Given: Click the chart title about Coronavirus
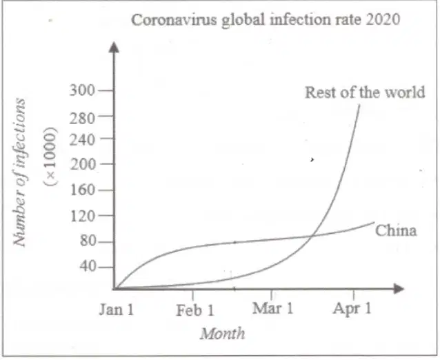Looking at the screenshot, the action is [x=266, y=20].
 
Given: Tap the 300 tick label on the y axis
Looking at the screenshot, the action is [x=83, y=90].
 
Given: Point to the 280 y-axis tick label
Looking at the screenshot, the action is [x=83, y=119].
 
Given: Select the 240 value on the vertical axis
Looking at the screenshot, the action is [x=83, y=140].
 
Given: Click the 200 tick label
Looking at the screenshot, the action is [x=83, y=164].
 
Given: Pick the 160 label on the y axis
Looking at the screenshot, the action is [x=83, y=190].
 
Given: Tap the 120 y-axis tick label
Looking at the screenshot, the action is [x=83, y=217].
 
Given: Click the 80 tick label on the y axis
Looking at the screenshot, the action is [x=88, y=241].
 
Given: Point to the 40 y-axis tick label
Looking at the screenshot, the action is [x=88, y=266].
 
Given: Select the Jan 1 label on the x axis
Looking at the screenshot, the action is [x=117, y=310].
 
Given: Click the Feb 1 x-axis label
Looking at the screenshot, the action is [x=195, y=310].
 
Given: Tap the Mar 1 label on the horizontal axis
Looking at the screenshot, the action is [x=272, y=308].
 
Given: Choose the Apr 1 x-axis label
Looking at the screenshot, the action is [x=352, y=309].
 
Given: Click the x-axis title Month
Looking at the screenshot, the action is [x=222, y=334].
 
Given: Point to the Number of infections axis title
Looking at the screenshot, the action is [x=19, y=172].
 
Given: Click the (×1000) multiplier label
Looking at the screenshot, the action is [x=50, y=157].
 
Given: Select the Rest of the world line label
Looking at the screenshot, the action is [x=365, y=92].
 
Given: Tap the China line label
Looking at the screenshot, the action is [x=396, y=230].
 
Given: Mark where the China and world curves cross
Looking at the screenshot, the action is [x=310, y=237].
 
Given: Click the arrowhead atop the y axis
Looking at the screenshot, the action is [x=114, y=47].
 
